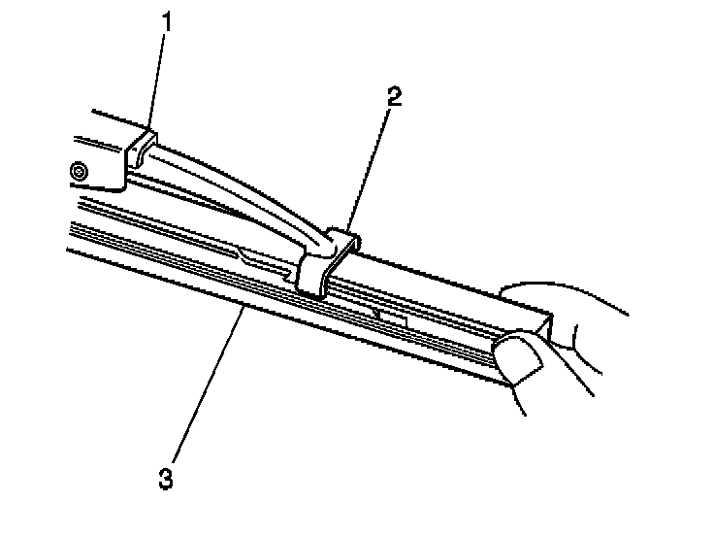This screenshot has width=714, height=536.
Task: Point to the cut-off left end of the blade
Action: click(x=70, y=238)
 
